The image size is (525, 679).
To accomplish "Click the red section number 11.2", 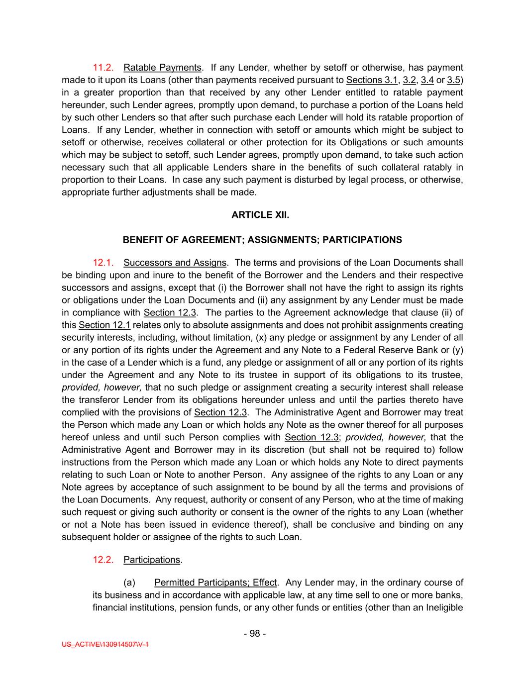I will click(x=103, y=68).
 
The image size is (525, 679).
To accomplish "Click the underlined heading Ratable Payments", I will click(x=162, y=68).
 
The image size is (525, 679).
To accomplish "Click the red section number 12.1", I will click(x=103, y=263).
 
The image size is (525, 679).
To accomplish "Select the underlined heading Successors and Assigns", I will click(x=175, y=263).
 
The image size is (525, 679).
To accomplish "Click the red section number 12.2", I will click(x=103, y=560).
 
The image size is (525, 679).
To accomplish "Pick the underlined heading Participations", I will click(x=152, y=560).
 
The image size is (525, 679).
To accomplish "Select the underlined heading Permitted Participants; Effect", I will click(x=215, y=582).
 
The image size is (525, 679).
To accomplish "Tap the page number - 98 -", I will click(x=255, y=633).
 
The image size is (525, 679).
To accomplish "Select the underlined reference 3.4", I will click(x=427, y=80).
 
